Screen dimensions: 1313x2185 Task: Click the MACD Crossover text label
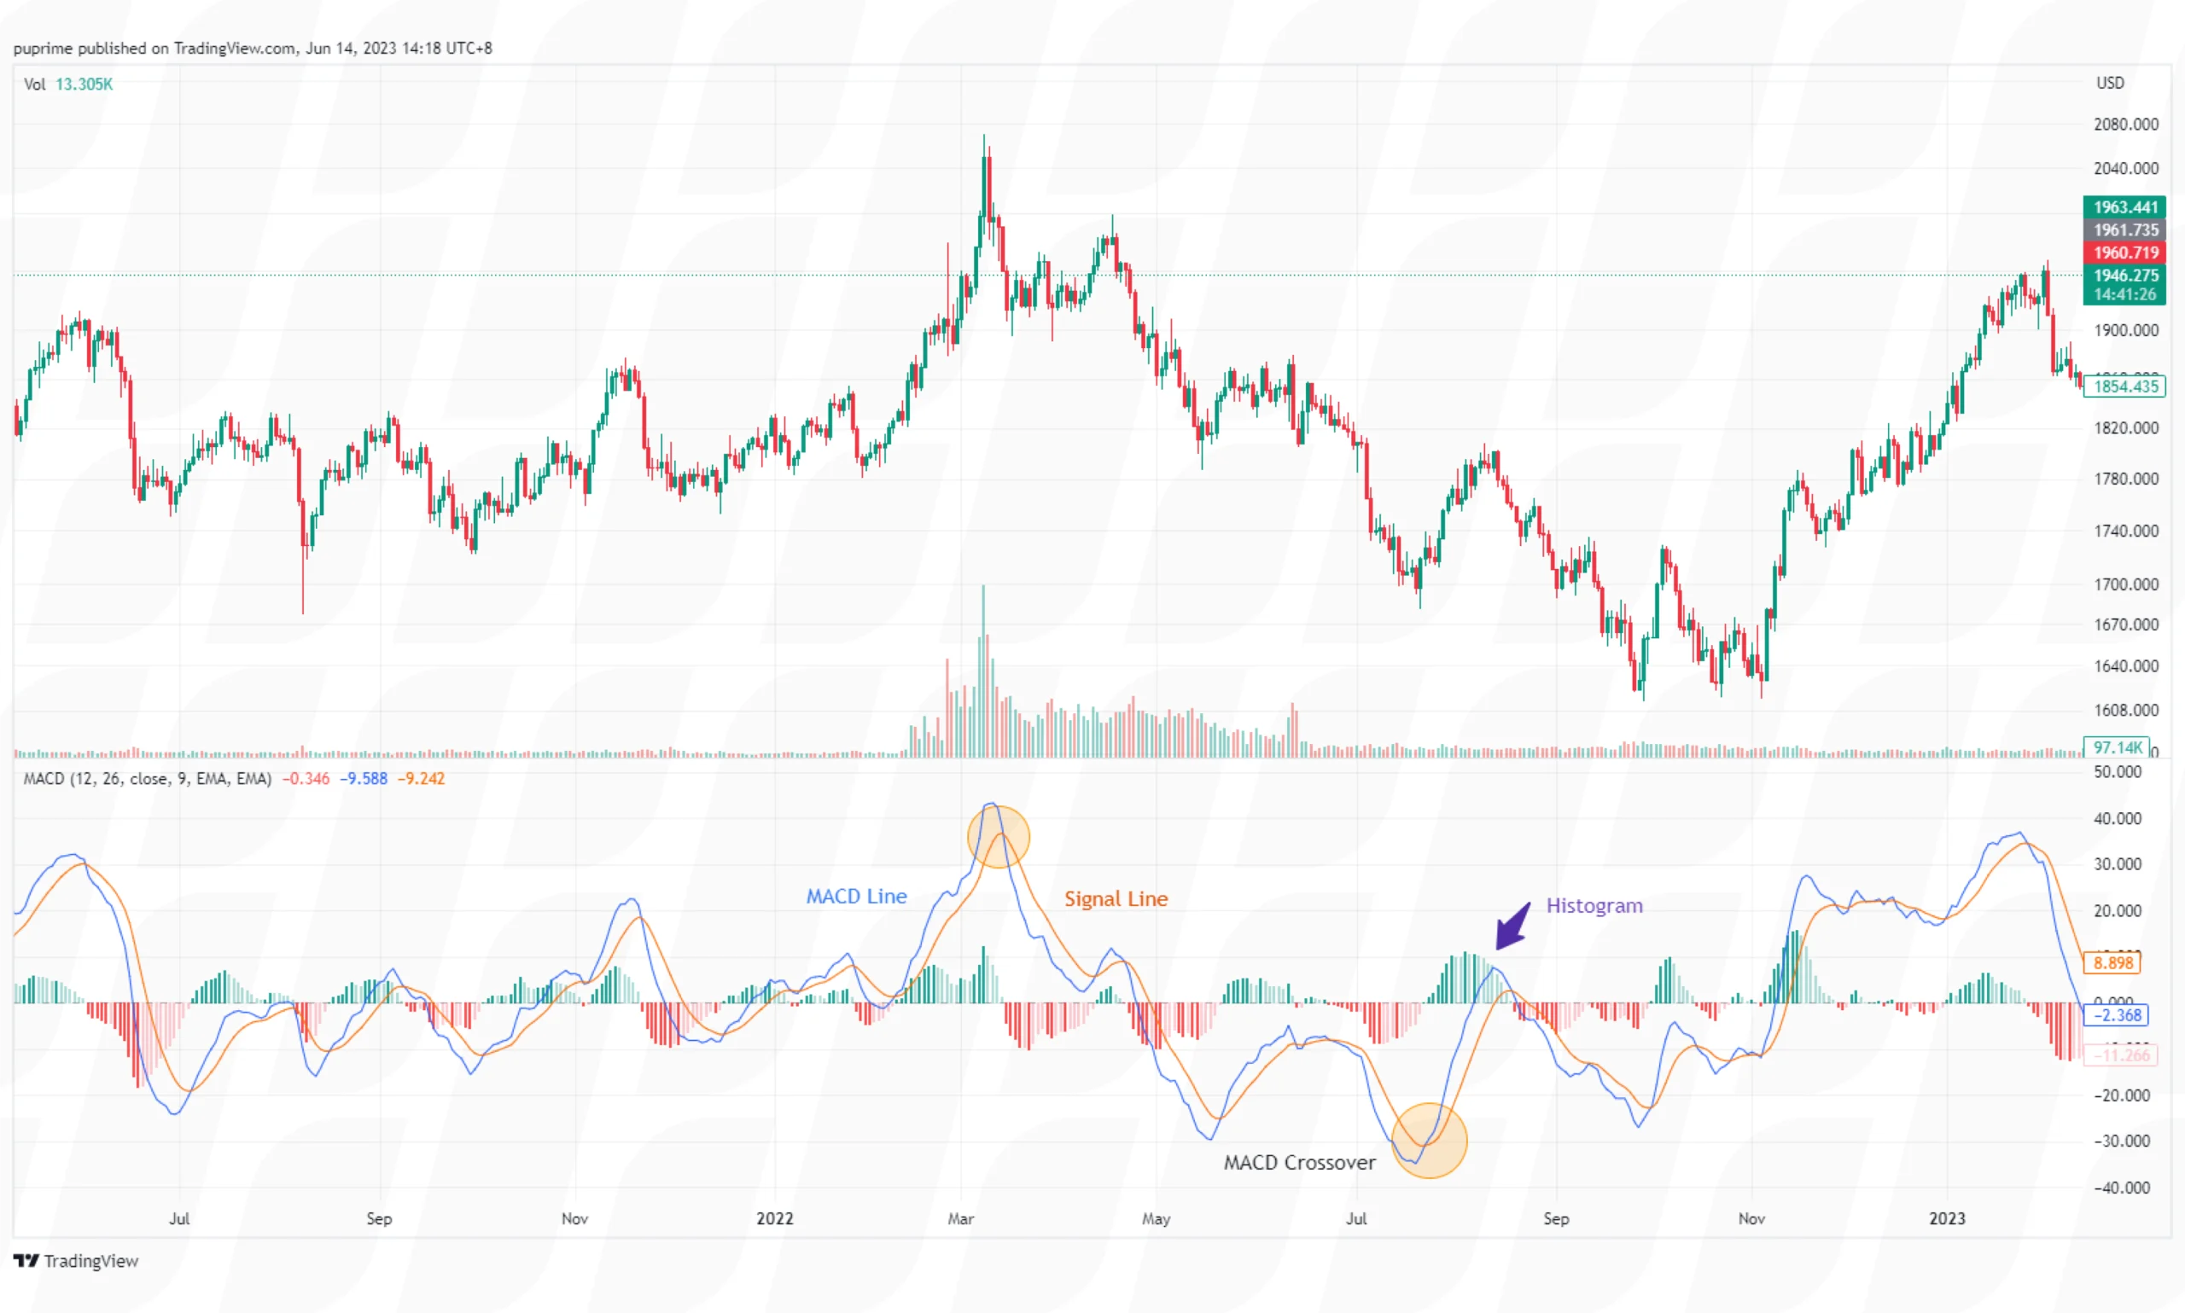(1298, 1162)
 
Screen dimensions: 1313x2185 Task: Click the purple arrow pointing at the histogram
(1512, 927)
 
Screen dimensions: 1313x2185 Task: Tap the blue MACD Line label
(856, 897)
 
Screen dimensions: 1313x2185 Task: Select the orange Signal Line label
(1115, 899)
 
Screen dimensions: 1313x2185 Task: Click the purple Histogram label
(1594, 906)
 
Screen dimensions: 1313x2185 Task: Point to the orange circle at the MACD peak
(999, 836)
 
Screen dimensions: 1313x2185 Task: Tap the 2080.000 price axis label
(2124, 125)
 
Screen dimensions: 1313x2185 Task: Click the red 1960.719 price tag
(2124, 253)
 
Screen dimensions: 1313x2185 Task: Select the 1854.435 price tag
(2124, 386)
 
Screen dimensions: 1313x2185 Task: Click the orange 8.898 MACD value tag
(2112, 962)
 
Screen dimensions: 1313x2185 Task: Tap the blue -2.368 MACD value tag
(2116, 1015)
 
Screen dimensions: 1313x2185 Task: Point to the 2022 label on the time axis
(774, 1218)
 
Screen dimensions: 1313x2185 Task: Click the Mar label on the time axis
(960, 1218)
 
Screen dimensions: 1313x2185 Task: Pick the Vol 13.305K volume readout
(68, 84)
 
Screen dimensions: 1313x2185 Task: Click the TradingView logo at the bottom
(76, 1261)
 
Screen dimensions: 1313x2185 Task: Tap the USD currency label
(2109, 83)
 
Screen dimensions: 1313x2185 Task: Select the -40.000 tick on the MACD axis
(2120, 1188)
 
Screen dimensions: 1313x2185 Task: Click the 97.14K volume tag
(2116, 747)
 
